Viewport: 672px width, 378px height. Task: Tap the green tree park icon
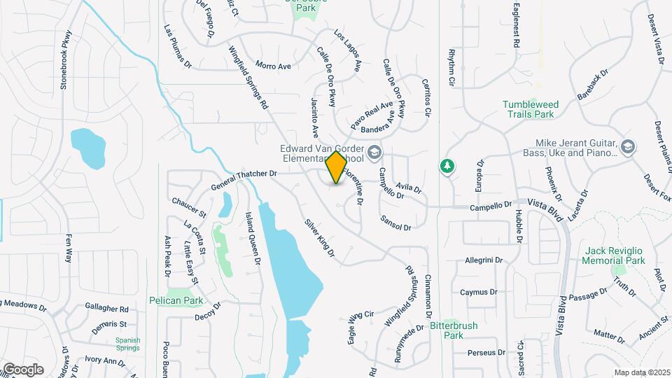point(446,166)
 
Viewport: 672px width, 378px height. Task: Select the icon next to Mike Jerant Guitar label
point(627,147)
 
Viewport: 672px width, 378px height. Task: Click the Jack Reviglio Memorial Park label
point(614,255)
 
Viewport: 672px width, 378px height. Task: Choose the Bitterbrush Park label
point(456,330)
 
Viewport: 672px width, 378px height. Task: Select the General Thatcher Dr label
point(239,182)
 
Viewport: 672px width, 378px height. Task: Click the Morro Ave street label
point(273,66)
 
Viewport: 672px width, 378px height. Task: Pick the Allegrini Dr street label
point(484,260)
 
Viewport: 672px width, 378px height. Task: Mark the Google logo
point(23,369)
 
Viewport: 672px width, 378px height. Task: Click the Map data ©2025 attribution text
point(642,372)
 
